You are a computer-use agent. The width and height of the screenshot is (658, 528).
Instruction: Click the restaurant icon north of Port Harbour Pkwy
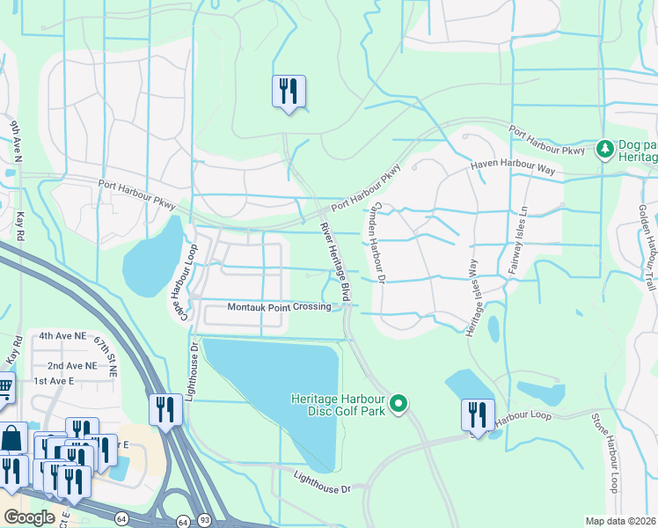[289, 92]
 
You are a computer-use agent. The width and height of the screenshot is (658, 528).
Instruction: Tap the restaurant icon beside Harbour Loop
[477, 414]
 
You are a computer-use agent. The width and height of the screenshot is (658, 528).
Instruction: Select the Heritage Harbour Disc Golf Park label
[339, 405]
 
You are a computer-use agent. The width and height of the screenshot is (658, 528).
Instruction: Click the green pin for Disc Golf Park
[398, 404]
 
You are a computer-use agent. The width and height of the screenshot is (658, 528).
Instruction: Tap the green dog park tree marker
[604, 149]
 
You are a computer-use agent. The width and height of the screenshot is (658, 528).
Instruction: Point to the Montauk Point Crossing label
[279, 307]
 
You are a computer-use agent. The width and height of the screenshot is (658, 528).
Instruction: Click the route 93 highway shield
[204, 521]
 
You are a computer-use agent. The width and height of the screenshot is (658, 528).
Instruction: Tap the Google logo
[29, 517]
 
